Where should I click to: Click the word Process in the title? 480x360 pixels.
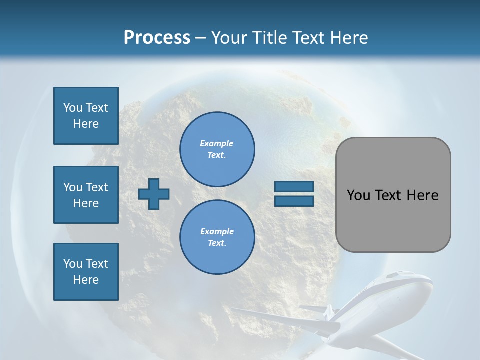point(157,38)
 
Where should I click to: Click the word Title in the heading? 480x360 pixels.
point(271,38)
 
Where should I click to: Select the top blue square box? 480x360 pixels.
point(86,116)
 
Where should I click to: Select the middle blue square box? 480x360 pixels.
point(86,195)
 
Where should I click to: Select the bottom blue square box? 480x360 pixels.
point(86,272)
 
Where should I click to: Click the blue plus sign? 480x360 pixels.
point(154,194)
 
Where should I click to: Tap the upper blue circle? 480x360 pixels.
point(217,149)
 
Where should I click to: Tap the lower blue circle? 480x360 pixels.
point(217,237)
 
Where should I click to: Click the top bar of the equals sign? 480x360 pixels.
point(294,187)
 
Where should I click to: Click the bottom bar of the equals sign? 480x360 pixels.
point(294,201)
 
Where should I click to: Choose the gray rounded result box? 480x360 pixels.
point(393,195)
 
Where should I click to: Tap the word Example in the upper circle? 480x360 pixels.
point(217,143)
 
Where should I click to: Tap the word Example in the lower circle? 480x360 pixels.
point(217,231)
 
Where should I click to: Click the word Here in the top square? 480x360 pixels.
point(86,124)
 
